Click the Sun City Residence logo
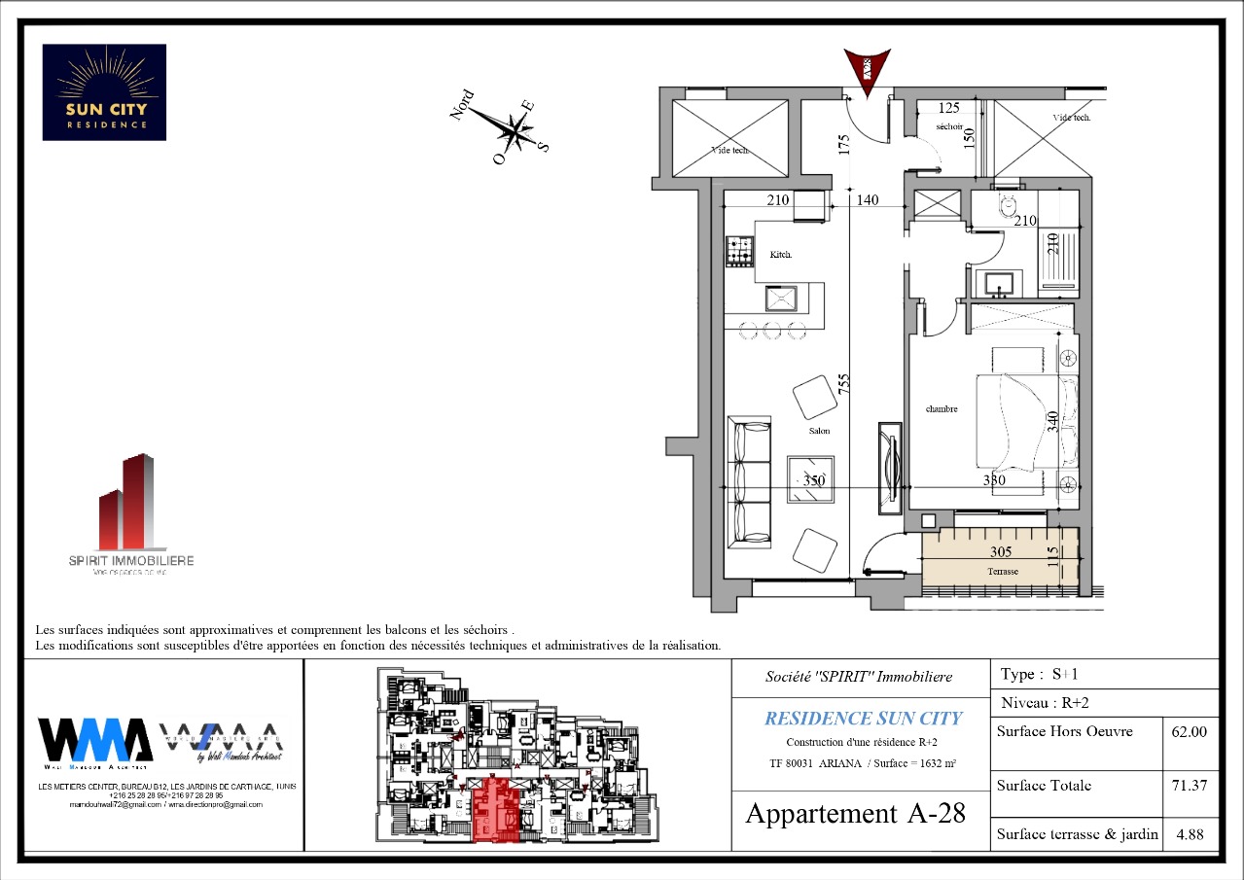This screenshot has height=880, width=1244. pos(104,91)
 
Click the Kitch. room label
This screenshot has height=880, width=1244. pos(781,255)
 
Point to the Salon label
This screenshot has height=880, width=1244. pos(818,431)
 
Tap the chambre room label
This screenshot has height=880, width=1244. pos(941,409)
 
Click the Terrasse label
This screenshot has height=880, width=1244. pos(1001,572)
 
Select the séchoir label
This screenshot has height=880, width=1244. pos(949,127)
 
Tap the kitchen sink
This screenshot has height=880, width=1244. pos(780,298)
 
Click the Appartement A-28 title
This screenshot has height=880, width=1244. pos(855,814)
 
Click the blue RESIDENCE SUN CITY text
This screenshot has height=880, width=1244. pos(862,719)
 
